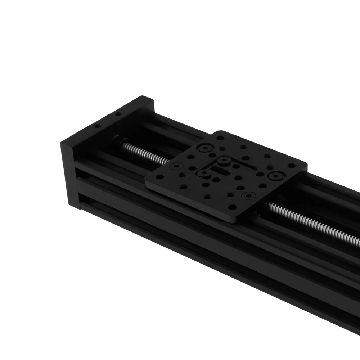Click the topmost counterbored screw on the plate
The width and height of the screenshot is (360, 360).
(x=206, y=148)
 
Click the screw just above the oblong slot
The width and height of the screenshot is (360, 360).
(x=225, y=159)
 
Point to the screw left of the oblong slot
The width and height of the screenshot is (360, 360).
(x=204, y=173)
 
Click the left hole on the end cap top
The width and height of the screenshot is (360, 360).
(x=96, y=126)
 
